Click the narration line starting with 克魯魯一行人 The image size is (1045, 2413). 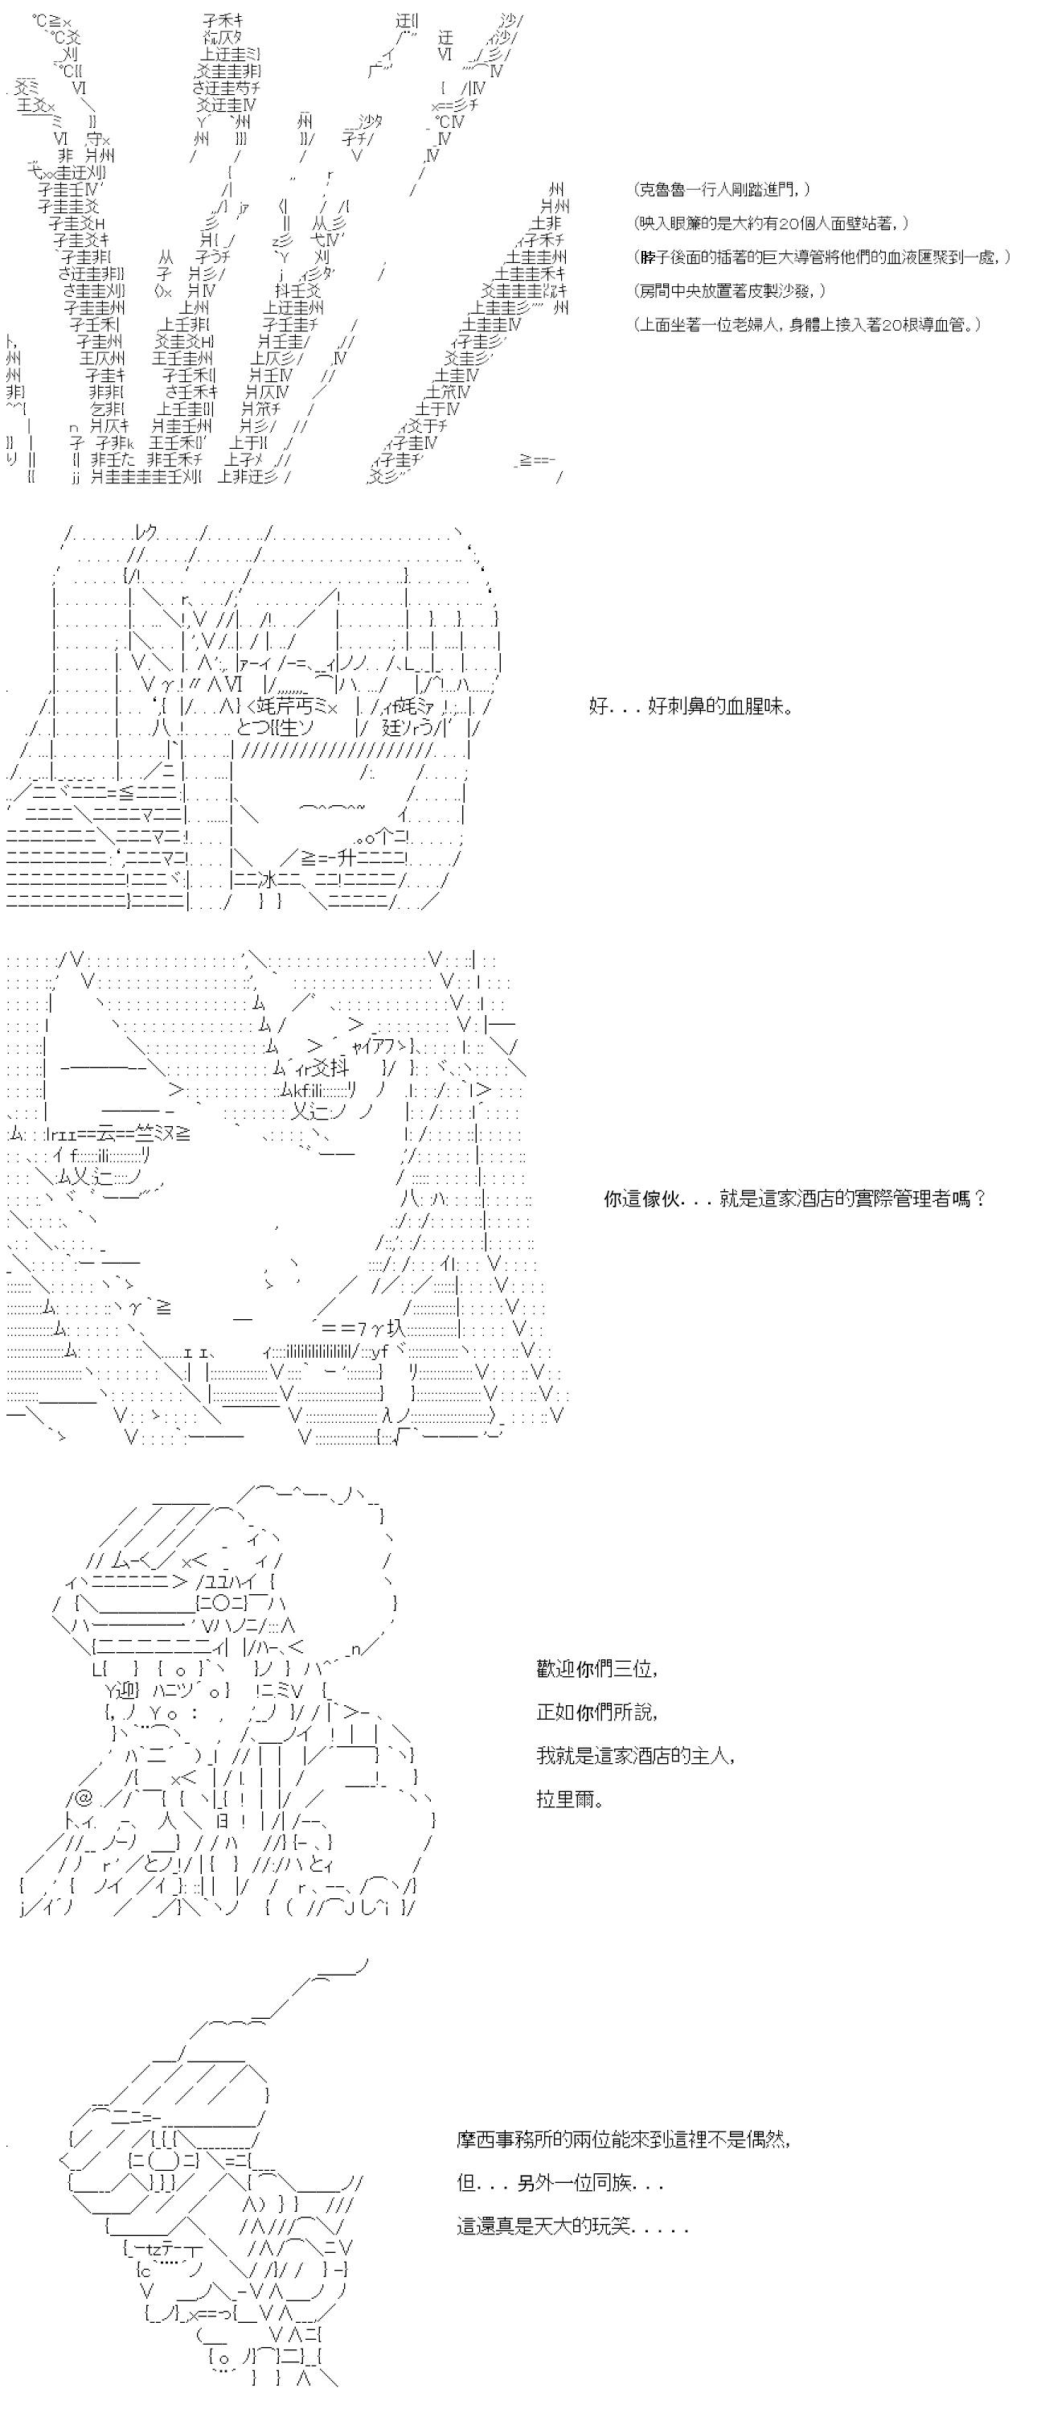722,190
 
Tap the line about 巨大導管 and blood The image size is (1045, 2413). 822,257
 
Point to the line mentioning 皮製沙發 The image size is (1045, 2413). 731,291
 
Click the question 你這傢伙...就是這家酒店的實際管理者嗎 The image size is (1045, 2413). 795,1198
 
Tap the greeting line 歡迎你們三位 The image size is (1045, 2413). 597,1668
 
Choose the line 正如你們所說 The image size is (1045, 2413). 597,1712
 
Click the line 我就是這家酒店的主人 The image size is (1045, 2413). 636,1755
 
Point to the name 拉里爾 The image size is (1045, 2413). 569,1799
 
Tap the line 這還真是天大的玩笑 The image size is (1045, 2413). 572,2226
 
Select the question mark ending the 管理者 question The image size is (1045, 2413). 979,1198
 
